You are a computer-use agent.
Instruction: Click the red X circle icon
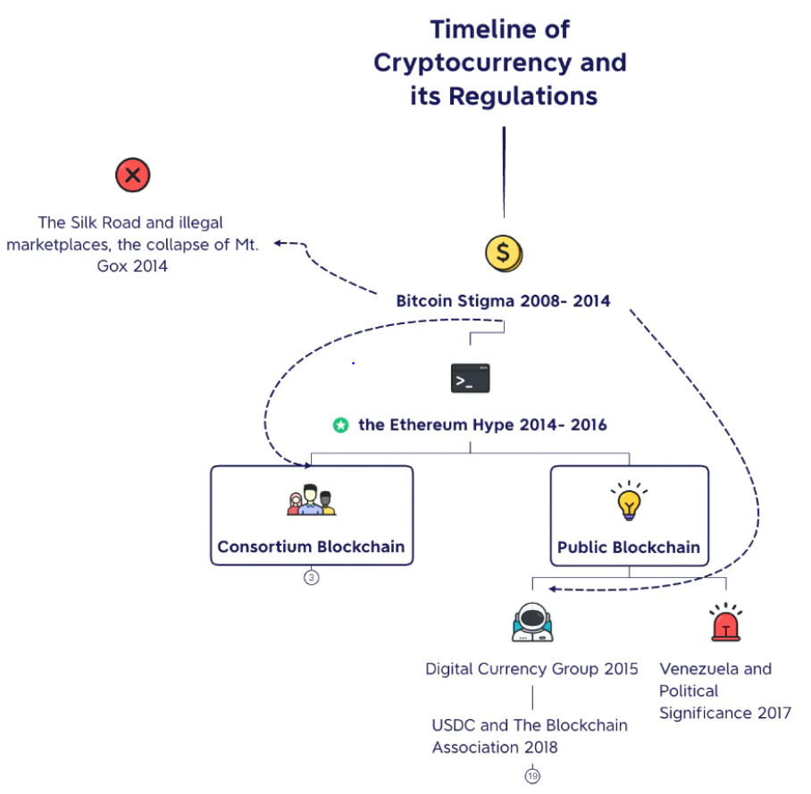[x=133, y=175]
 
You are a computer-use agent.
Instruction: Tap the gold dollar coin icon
[x=504, y=254]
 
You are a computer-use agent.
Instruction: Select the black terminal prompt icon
[x=470, y=378]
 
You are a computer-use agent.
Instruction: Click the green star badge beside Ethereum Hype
[x=340, y=425]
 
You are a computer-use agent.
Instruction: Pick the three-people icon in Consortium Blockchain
[x=312, y=499]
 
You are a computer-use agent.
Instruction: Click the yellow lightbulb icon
[x=629, y=501]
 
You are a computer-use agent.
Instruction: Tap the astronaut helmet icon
[x=532, y=623]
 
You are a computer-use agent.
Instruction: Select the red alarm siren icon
[x=725, y=623]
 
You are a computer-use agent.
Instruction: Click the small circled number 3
[x=312, y=577]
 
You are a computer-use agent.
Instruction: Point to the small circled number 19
[x=532, y=776]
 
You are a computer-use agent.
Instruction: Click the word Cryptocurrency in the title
[x=472, y=63]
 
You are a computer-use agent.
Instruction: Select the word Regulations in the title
[x=523, y=96]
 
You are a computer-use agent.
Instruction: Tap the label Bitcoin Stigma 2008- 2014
[x=503, y=300]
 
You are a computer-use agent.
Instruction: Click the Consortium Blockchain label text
[x=311, y=547]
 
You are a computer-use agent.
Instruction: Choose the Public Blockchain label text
[x=629, y=547]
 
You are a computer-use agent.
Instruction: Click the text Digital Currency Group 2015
[x=531, y=669]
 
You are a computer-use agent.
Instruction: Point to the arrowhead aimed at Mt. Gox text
[x=278, y=243]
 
